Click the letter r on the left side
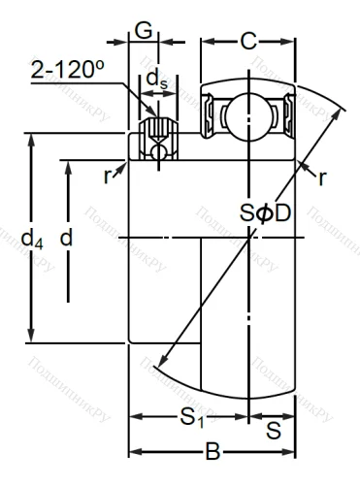(x=109, y=177)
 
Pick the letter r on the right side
(x=319, y=178)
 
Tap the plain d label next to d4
(x=66, y=236)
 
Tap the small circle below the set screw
(x=155, y=151)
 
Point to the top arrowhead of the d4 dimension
(x=32, y=138)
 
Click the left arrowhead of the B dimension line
(x=134, y=451)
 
